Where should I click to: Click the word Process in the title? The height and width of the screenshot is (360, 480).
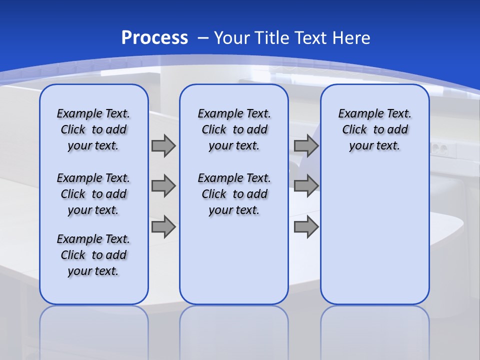pyautogui.click(x=154, y=38)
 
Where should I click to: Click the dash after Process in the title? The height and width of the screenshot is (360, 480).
pyautogui.click(x=202, y=38)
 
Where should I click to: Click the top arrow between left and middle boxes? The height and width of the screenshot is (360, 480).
pyautogui.click(x=163, y=145)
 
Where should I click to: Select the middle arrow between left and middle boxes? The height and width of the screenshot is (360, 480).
pyautogui.click(x=163, y=186)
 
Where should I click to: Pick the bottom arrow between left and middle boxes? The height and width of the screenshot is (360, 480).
pyautogui.click(x=163, y=227)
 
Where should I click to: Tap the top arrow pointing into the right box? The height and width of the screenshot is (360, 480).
pyautogui.click(x=306, y=145)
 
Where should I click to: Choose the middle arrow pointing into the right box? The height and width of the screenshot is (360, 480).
pyautogui.click(x=306, y=186)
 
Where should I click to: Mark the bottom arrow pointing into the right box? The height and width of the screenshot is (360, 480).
pyautogui.click(x=306, y=227)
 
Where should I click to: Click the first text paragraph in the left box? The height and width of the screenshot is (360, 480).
pyautogui.click(x=93, y=129)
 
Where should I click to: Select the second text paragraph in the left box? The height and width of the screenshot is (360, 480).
pyautogui.click(x=93, y=194)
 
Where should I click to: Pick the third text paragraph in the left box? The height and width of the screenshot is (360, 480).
pyautogui.click(x=93, y=255)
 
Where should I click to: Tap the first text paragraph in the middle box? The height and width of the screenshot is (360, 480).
pyautogui.click(x=234, y=129)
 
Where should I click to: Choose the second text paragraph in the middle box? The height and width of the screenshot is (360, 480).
pyautogui.click(x=234, y=194)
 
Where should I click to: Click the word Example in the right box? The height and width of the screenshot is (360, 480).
pyautogui.click(x=356, y=114)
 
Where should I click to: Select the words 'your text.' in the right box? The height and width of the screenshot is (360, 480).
pyautogui.click(x=374, y=146)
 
